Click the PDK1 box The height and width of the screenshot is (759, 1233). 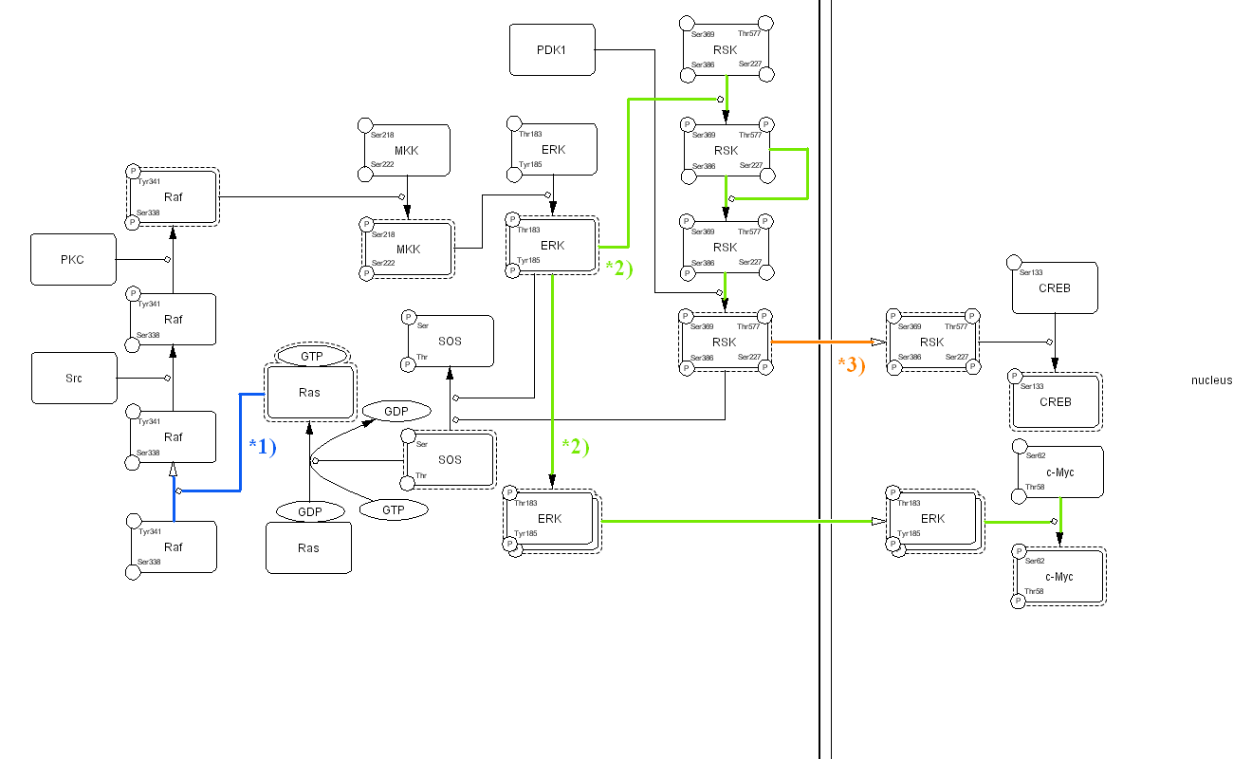point(552,49)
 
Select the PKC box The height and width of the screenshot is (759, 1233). point(73,259)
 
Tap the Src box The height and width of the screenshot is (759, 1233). point(73,378)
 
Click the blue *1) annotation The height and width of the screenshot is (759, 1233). point(262,446)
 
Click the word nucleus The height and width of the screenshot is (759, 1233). point(1211,380)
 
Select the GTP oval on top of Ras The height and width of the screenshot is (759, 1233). point(312,357)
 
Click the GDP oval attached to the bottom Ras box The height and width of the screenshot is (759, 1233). point(310,511)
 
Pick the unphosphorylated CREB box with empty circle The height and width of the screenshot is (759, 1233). point(1055,287)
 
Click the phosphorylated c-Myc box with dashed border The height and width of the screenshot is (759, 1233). point(1058,576)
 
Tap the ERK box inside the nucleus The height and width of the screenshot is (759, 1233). point(932,518)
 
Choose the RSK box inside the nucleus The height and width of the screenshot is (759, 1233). point(932,342)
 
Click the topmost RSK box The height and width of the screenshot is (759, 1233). point(726,49)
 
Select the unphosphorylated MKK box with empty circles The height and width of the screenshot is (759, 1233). point(406,150)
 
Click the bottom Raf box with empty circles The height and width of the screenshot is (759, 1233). point(173,546)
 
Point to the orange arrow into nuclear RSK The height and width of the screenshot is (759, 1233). point(825,342)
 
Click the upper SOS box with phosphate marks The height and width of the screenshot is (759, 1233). point(450,341)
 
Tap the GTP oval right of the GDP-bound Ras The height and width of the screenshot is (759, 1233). point(393,509)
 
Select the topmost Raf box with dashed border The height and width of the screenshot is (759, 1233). point(173,197)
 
